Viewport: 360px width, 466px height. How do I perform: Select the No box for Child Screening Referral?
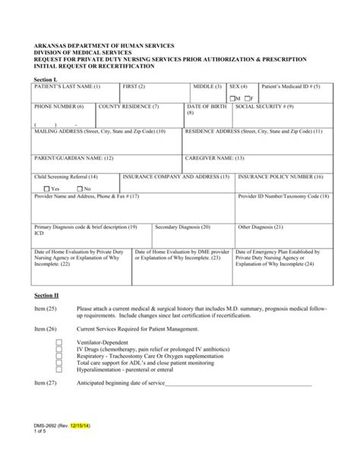click(x=77, y=188)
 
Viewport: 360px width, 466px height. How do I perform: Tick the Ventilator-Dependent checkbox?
click(x=59, y=344)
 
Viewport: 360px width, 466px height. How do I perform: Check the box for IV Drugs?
click(x=59, y=350)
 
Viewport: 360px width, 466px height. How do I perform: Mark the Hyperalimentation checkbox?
click(x=59, y=370)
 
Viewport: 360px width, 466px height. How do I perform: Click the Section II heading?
click(x=46, y=294)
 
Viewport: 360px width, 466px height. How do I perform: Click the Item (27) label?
click(x=46, y=384)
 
